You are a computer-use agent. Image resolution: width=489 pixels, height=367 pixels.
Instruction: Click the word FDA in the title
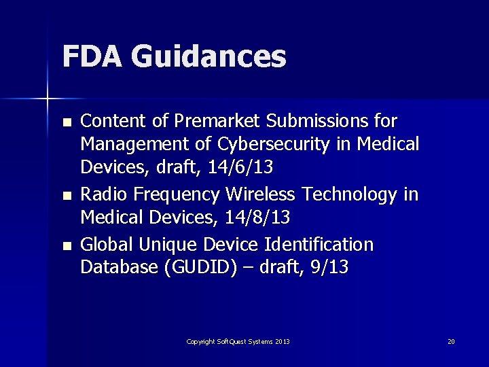coord(91,56)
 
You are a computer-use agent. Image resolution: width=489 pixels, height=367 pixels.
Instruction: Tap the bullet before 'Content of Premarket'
coord(66,123)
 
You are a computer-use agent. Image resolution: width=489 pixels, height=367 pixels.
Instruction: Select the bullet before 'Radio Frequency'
coord(66,196)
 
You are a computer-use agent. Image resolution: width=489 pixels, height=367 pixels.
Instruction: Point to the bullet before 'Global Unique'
coord(66,245)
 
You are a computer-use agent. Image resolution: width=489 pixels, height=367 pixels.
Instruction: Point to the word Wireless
coord(260,195)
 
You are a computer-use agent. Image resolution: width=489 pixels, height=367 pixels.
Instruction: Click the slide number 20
coord(451,341)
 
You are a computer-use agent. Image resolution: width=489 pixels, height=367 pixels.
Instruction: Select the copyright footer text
coord(238,341)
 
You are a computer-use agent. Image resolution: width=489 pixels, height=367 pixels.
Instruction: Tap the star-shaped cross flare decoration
coord(48,99)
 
